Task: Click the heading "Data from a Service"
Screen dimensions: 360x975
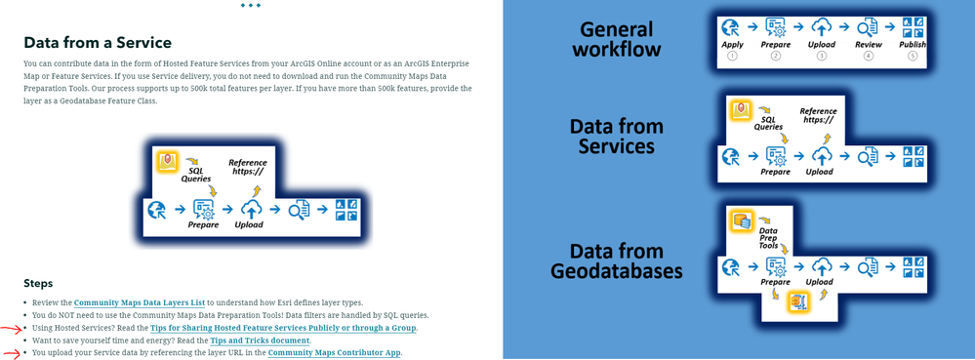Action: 98,43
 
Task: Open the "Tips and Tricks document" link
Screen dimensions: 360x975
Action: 260,340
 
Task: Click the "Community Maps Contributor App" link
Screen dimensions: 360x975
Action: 335,353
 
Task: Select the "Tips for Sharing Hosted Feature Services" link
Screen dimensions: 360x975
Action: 283,328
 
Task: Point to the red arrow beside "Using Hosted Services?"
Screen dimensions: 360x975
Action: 11,329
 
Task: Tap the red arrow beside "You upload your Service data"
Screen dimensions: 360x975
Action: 11,352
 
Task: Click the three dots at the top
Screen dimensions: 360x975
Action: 250,5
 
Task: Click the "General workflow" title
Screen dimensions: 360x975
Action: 617,40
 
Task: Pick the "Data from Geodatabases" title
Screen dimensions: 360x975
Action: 617,260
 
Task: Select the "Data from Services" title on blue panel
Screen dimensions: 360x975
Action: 617,137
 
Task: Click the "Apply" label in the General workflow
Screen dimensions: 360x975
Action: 732,45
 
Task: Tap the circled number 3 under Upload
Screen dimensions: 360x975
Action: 822,57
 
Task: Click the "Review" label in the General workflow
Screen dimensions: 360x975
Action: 869,45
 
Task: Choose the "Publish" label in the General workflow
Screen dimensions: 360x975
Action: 914,45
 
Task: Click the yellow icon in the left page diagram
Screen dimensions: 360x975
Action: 167,159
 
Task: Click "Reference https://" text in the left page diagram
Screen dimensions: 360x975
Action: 248,167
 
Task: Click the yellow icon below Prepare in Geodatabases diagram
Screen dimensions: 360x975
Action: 797,301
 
